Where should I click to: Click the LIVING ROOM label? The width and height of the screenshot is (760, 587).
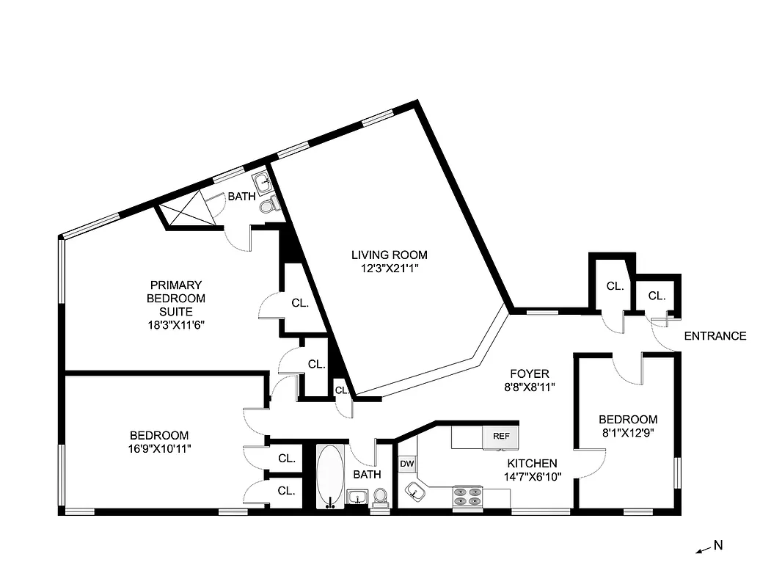389,255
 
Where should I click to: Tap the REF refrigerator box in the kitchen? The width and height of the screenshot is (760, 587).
501,436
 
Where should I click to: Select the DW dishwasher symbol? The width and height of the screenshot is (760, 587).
406,464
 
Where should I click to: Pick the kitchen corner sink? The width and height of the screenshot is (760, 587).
415,491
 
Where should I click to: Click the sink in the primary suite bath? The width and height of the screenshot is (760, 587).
262,181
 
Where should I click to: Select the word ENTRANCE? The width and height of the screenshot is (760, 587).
715,336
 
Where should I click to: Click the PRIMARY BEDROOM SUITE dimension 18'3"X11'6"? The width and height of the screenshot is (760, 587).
176,325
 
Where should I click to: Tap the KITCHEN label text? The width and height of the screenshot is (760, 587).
533,464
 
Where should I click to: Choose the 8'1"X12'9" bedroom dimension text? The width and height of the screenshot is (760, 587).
626,432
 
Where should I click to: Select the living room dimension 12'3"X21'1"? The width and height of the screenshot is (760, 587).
389,269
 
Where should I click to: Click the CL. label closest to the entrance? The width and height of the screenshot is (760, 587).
657,296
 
